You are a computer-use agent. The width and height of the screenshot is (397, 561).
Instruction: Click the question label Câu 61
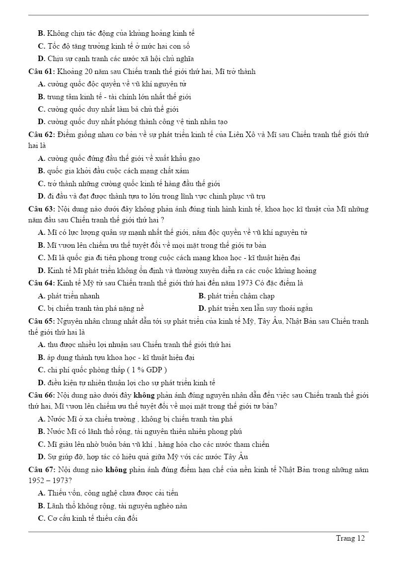point(41,71)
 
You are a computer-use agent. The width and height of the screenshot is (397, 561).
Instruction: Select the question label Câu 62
point(41,135)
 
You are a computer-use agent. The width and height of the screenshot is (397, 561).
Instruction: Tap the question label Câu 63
point(41,209)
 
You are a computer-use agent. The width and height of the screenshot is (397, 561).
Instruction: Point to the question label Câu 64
point(41,283)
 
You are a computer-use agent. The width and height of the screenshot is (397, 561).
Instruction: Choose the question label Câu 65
point(41,321)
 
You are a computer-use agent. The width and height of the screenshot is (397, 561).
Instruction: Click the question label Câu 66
point(41,395)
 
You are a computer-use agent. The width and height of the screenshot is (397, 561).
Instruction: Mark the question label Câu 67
point(41,469)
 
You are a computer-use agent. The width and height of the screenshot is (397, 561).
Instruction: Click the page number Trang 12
point(350,538)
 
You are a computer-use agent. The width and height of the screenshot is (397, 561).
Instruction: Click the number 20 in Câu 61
point(89,71)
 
